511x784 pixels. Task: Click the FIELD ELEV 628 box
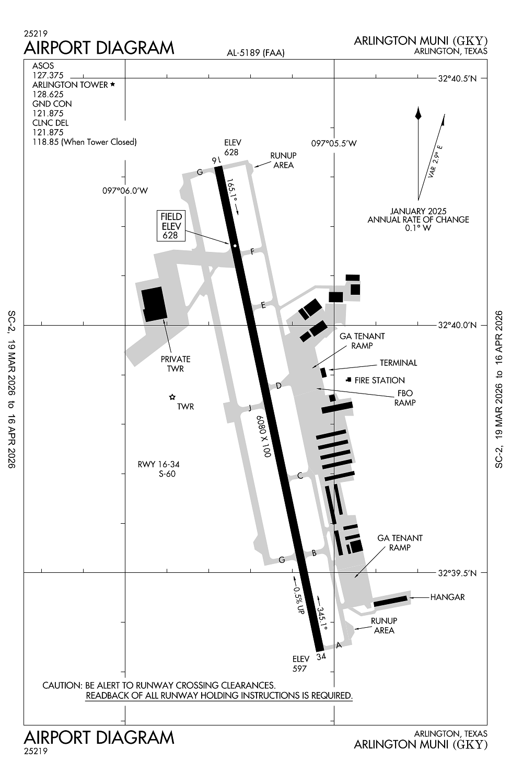pos(171,226)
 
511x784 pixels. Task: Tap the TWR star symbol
pos(172,398)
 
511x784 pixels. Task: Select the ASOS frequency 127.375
pos(48,75)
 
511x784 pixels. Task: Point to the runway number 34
pos(321,656)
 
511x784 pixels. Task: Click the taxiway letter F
pos(252,252)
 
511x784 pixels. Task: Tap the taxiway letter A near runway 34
pos(339,645)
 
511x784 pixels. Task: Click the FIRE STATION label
pos(379,381)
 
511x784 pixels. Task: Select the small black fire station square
pos(349,379)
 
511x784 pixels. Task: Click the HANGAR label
pos(447,597)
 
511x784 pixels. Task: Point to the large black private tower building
pos(155,304)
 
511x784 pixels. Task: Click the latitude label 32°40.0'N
pos(458,325)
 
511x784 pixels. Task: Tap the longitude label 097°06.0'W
pos(125,191)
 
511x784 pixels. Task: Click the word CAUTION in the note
pos(61,685)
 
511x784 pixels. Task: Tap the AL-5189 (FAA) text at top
pos(255,52)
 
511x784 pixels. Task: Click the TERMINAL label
pos(398,363)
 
